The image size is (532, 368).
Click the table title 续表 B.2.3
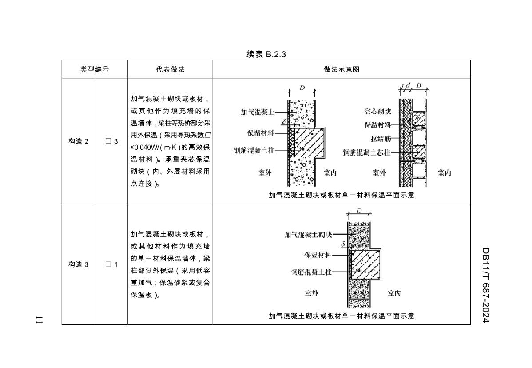click(x=266, y=54)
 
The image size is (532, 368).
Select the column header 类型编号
click(x=94, y=69)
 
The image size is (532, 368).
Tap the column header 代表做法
click(x=170, y=69)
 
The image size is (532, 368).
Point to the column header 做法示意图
click(x=341, y=69)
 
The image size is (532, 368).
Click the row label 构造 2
click(x=78, y=141)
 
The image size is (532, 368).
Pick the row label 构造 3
click(x=78, y=264)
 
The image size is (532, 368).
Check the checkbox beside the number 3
click(x=108, y=141)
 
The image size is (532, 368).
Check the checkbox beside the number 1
click(x=108, y=264)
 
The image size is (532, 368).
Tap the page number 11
click(x=39, y=320)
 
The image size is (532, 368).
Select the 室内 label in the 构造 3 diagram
click(x=394, y=293)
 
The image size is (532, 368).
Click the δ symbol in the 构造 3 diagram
click(x=343, y=243)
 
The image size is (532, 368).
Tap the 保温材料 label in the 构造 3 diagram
click(x=318, y=255)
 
